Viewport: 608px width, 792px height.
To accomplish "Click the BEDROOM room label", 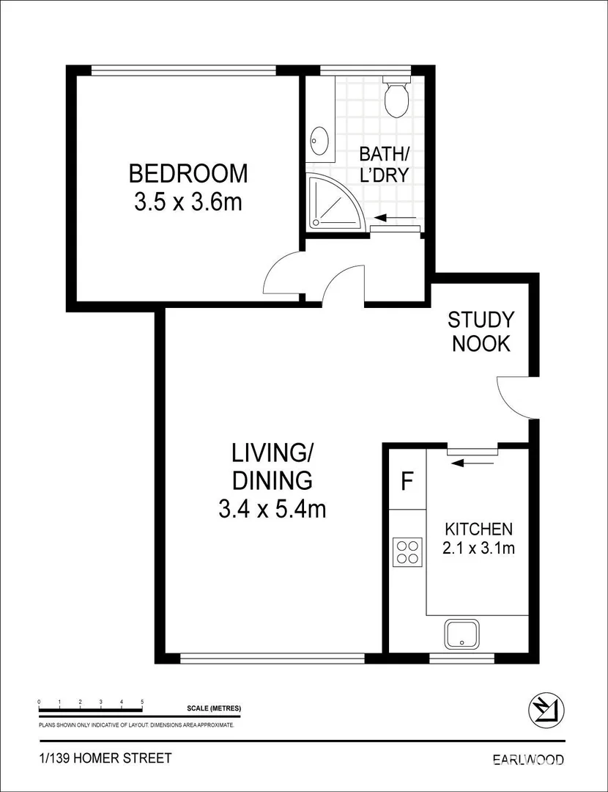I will [x=188, y=174].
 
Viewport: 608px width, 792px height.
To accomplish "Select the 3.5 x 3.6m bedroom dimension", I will [x=188, y=202].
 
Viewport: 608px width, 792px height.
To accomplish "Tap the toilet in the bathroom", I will [x=396, y=99].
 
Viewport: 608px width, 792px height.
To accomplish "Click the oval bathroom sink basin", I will [x=319, y=141].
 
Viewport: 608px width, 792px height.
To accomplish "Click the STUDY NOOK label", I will [x=481, y=331].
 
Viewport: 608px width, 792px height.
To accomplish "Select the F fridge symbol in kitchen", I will [x=408, y=482].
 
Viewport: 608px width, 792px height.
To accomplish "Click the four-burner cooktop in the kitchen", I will [x=407, y=551].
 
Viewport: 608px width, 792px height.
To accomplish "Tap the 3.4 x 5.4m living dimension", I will [x=272, y=509].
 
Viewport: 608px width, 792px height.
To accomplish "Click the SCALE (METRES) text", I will [x=214, y=708].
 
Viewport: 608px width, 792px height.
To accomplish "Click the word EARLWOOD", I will [x=527, y=759].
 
